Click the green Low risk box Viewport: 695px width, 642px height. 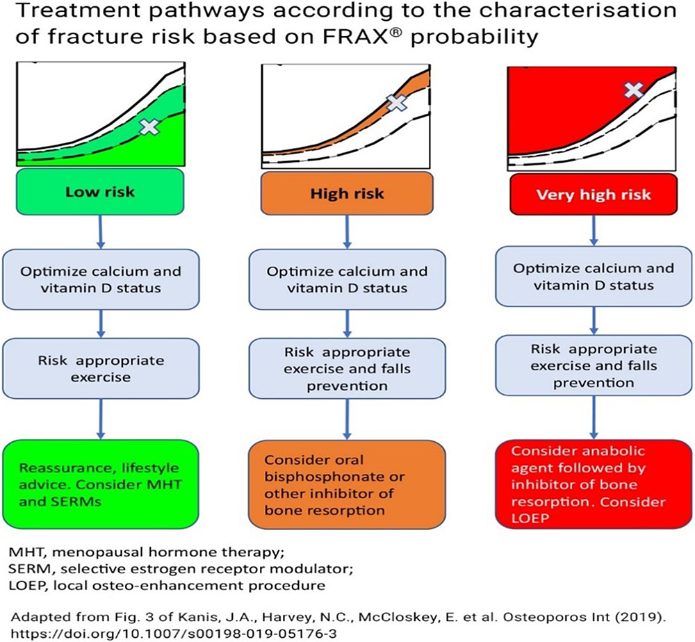100,191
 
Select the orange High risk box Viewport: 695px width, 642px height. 347,193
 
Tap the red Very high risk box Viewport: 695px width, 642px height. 594,195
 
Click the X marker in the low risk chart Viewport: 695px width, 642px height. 149,127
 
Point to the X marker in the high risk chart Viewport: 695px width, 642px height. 396,102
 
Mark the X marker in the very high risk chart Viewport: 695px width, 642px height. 633,90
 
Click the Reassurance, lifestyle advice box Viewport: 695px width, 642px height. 101,484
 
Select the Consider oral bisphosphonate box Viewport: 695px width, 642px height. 347,484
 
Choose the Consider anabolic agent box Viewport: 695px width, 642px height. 594,484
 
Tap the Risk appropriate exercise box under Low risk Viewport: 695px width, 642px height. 101,368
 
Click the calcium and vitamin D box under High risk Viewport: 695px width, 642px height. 347,279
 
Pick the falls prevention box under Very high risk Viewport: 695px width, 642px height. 594,365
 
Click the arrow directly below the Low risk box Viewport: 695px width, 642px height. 101,232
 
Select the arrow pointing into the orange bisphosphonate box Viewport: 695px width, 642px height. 347,419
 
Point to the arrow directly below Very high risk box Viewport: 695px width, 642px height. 594,231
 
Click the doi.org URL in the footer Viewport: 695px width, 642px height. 173,633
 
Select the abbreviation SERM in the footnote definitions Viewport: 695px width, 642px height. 28,569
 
